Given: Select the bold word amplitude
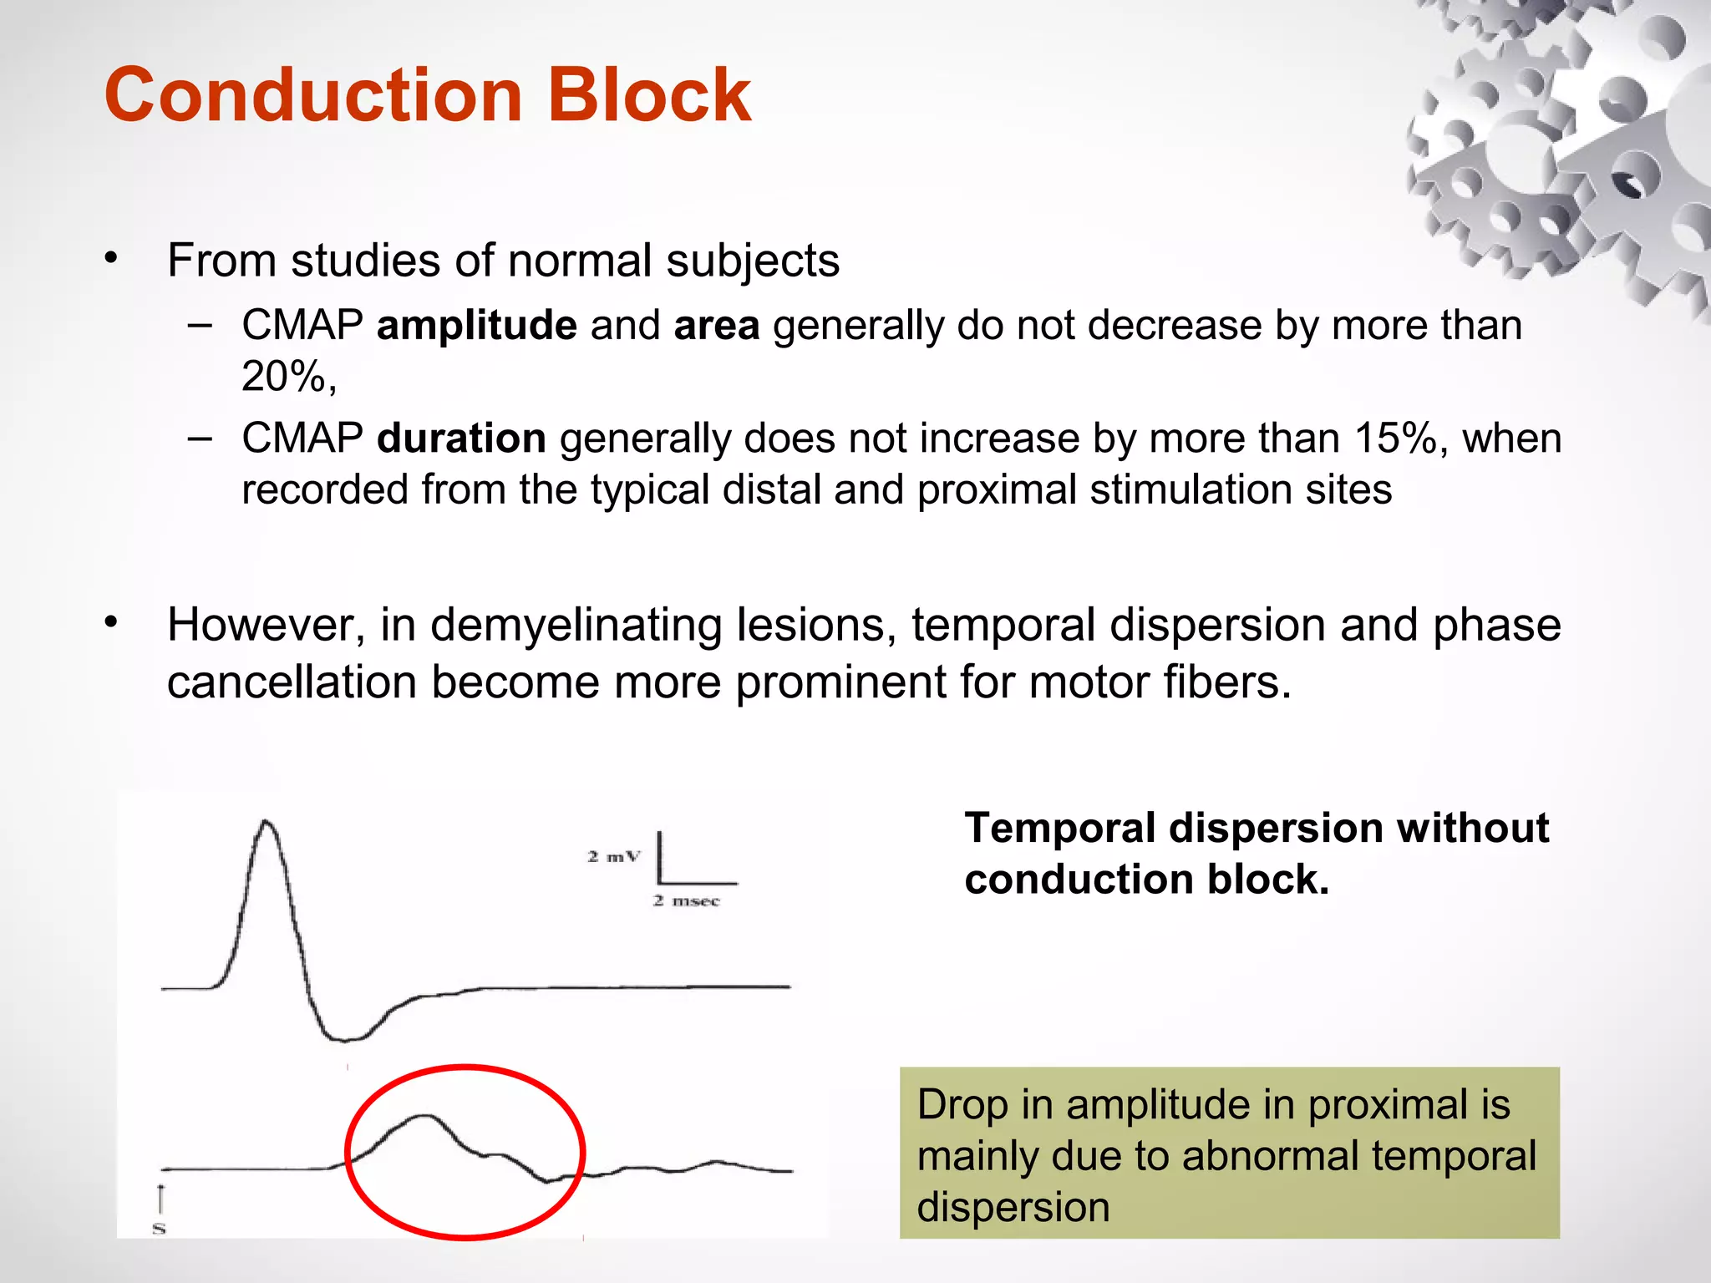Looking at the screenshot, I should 476,325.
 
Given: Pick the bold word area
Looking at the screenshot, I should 716,325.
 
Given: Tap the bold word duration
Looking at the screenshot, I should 461,439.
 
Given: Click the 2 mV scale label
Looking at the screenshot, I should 613,856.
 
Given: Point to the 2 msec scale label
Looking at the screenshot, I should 686,900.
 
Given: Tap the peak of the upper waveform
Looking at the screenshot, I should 267,823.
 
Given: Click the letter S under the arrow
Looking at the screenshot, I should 159,1228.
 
